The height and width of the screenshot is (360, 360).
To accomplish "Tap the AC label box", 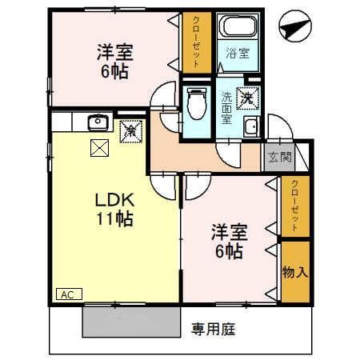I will (69, 294).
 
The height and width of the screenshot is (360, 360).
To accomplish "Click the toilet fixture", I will (195, 102).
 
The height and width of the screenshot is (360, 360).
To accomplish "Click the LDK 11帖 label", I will (115, 207).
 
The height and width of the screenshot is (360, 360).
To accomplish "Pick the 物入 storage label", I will (294, 272).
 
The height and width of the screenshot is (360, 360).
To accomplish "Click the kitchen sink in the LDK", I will (98, 122).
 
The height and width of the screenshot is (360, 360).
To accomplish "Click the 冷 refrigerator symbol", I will (128, 130).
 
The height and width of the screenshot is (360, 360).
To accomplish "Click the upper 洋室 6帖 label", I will (114, 61).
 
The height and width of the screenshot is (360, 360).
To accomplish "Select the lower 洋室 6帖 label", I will (229, 242).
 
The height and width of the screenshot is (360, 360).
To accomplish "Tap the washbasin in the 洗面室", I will (251, 126).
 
